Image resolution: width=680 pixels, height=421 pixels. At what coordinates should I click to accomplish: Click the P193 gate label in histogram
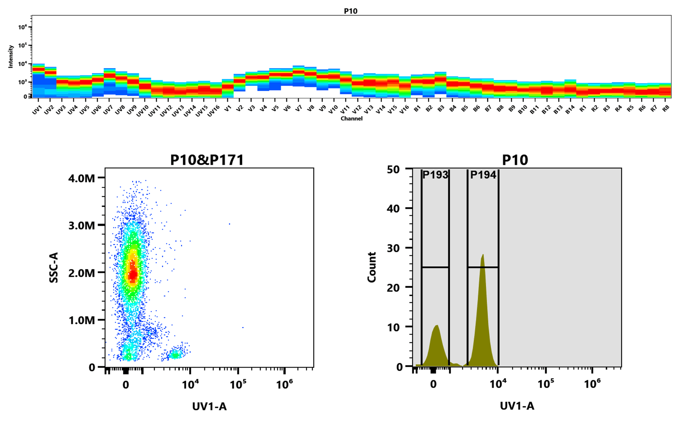435,175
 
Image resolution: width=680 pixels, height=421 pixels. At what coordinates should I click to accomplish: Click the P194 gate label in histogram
483,175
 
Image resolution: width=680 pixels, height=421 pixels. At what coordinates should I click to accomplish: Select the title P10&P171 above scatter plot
207,160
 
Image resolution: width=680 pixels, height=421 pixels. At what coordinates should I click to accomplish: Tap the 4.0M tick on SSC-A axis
81,178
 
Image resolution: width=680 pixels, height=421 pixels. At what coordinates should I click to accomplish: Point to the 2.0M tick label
81,273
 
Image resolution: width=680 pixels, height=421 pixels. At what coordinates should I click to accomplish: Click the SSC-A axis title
53,267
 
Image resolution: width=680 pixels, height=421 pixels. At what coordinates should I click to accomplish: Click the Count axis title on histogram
372,267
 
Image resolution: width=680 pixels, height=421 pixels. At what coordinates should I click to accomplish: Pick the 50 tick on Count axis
393,170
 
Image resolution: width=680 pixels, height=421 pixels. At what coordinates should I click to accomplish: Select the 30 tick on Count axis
393,248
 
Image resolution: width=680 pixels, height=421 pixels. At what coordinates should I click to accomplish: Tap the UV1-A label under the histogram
517,406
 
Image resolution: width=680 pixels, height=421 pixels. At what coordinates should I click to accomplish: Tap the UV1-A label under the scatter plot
209,406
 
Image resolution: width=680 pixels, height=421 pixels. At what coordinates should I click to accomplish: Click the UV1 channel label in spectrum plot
37,110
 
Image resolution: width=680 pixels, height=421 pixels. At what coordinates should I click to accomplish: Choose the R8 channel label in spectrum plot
666,109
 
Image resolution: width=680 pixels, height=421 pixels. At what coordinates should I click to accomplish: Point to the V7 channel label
299,109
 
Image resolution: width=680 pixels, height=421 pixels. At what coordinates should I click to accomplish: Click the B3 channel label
441,109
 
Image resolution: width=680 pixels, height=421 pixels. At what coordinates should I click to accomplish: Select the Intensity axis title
11,56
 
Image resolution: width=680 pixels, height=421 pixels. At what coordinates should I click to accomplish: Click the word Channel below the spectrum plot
351,118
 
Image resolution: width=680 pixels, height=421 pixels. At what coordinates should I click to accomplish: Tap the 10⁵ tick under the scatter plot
238,384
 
